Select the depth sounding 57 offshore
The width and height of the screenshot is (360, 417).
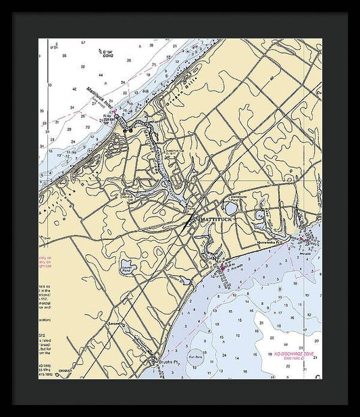(x=83, y=43)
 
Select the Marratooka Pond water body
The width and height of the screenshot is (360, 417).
(x=231, y=210)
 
